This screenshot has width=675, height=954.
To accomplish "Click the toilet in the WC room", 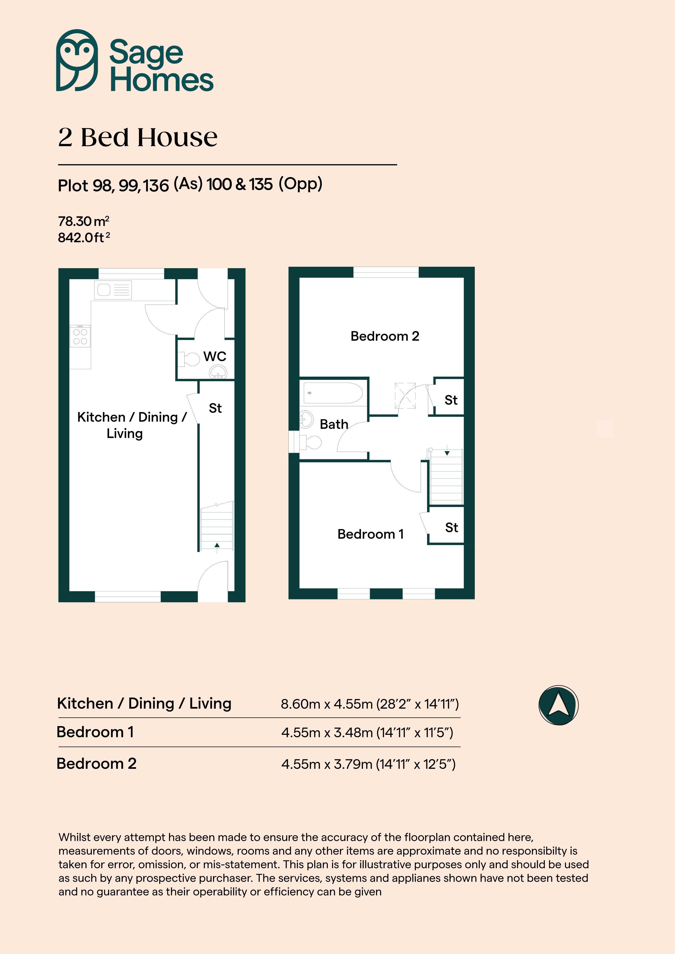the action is [189, 359].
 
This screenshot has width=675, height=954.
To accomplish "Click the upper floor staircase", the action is [446, 476].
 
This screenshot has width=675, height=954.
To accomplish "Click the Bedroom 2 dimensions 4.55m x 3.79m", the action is [368, 764].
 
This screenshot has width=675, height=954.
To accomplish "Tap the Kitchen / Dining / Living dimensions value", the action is [369, 704].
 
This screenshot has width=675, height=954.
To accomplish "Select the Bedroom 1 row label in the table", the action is [95, 732].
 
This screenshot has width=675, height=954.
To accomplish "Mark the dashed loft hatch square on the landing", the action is [405, 396].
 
